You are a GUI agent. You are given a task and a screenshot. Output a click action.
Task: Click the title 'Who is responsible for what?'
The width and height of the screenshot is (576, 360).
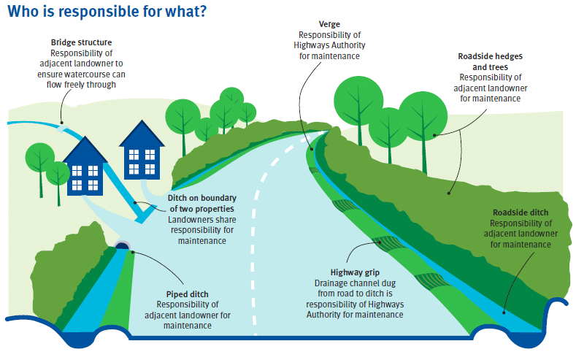107,12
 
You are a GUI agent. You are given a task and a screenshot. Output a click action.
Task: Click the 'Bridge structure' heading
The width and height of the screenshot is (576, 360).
81,42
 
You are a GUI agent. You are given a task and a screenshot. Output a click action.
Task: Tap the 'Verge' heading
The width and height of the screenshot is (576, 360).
329,24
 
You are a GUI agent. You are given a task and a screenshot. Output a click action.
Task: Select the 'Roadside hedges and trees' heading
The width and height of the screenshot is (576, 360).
490,62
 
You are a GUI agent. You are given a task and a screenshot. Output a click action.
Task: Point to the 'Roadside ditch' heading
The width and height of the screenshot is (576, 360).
521,212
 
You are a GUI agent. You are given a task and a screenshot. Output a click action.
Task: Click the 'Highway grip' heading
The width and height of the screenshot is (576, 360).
355,272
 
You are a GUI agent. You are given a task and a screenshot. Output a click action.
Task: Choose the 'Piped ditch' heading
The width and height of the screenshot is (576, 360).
188,294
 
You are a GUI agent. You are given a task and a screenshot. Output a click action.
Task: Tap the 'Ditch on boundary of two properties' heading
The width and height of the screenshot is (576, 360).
202,203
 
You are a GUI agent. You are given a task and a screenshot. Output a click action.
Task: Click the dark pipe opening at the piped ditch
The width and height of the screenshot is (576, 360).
123,245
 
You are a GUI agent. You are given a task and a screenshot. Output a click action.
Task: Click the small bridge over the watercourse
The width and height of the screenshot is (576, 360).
63,129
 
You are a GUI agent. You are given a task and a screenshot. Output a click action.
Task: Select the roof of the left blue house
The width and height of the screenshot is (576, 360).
85,150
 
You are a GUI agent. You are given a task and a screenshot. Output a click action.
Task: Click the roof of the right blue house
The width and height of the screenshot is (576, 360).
142,134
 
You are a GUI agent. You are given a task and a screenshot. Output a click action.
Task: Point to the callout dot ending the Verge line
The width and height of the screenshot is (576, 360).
312,149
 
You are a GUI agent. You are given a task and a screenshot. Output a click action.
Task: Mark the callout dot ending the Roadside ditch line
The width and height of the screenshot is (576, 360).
504,313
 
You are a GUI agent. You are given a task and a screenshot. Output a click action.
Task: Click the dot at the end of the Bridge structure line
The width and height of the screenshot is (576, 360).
62,123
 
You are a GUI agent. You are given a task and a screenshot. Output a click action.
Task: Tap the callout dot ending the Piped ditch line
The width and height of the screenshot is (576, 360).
133,253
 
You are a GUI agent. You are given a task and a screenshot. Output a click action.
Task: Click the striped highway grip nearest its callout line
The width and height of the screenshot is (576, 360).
386,244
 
